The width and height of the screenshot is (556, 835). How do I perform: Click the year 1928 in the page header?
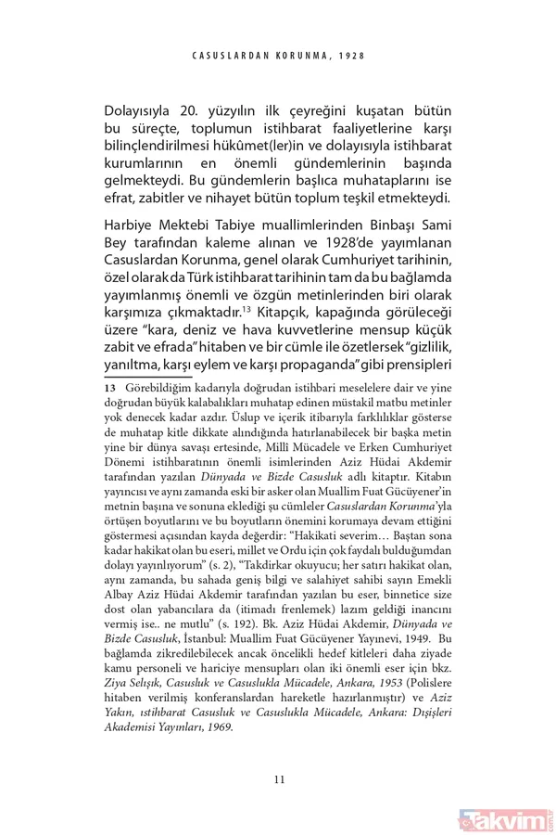pyautogui.click(x=349, y=56)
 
